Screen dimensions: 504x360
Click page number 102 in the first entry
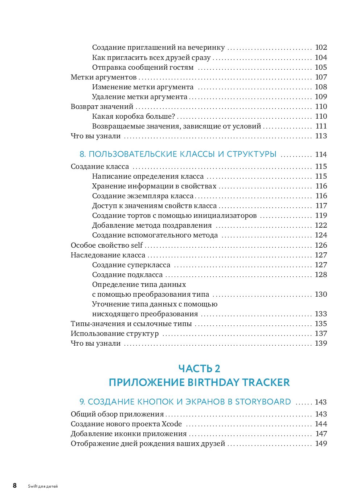coord(321,48)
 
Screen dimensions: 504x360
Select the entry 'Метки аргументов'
coord(103,77)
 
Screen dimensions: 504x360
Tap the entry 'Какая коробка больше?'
coord(133,116)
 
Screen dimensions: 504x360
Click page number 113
coord(321,136)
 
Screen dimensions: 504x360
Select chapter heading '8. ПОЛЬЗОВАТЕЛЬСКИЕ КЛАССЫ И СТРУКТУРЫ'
coord(178,154)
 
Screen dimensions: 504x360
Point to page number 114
coord(321,154)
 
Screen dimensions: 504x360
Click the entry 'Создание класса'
coord(100,166)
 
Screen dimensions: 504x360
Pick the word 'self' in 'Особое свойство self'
coord(136,245)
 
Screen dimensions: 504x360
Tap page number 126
coord(321,245)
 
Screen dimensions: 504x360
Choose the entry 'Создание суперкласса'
coord(131,265)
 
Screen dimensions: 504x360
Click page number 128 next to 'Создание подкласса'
coord(321,275)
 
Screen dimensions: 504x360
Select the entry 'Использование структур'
coord(115,333)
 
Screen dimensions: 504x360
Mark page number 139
coord(321,343)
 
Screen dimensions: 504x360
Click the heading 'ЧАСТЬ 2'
coord(199,369)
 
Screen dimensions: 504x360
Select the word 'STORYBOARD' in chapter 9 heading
coord(263,402)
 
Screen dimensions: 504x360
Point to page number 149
coord(321,443)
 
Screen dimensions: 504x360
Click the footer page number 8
coord(15,485)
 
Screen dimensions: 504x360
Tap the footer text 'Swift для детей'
coord(43,486)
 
